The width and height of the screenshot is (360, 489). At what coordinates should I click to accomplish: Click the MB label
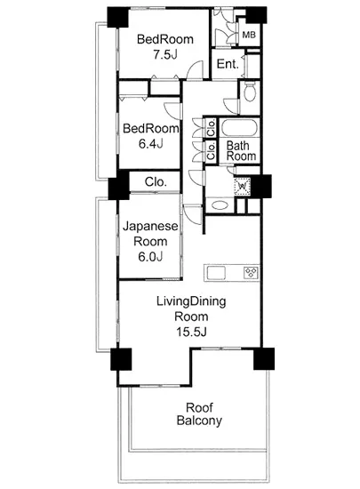(248, 35)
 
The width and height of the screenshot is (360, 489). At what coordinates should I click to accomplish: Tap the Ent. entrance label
(228, 64)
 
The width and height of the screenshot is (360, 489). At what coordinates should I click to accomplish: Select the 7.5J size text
(165, 54)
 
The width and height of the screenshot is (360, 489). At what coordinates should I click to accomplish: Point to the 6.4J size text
(151, 144)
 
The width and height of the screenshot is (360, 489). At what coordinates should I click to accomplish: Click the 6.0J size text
(150, 256)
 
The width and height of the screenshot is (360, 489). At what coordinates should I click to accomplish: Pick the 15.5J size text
(191, 332)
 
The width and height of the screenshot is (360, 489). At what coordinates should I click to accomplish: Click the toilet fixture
(250, 92)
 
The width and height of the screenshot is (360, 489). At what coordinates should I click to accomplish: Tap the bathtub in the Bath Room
(239, 128)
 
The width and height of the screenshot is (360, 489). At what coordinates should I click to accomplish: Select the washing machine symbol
(242, 187)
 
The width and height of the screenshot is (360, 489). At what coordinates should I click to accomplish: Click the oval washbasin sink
(220, 205)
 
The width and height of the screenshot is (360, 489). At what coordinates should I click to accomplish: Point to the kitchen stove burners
(252, 273)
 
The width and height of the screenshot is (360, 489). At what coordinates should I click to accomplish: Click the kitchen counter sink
(216, 273)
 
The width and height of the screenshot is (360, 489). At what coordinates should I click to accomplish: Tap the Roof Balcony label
(199, 413)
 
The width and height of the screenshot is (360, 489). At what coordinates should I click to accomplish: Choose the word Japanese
(150, 227)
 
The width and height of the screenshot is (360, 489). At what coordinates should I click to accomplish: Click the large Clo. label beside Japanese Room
(156, 181)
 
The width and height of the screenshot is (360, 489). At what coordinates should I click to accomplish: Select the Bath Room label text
(241, 150)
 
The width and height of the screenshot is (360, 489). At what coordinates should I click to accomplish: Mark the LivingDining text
(191, 302)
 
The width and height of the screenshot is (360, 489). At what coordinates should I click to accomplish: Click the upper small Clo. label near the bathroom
(211, 127)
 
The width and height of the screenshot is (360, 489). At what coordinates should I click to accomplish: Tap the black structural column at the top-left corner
(118, 17)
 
